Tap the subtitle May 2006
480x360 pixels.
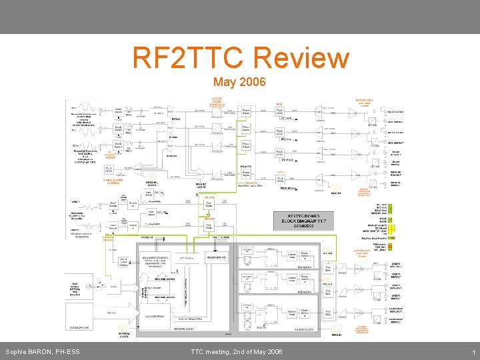[x=239, y=82]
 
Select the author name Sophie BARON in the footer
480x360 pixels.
[x=43, y=351]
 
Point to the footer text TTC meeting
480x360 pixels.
[x=237, y=351]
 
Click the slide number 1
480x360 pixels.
[x=473, y=351]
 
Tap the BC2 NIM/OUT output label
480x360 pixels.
[x=396, y=143]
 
